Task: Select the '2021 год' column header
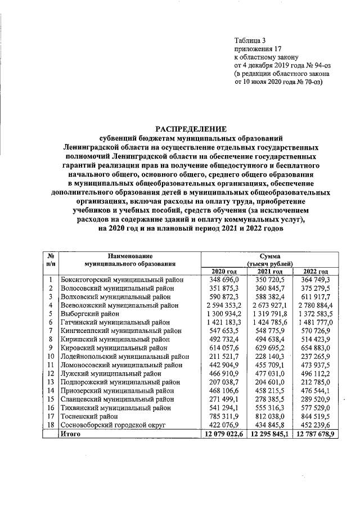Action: [x=269, y=272]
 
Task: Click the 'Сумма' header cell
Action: [x=269, y=255]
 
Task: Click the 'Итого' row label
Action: [x=72, y=435]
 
